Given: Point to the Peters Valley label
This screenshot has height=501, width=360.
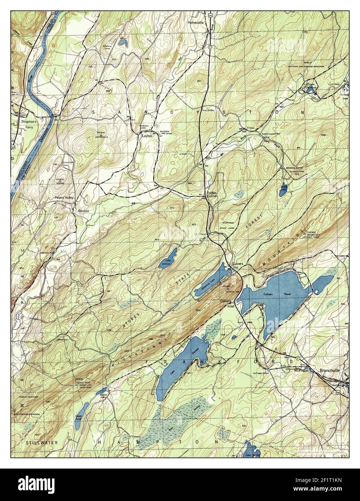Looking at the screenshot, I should pos(64,198).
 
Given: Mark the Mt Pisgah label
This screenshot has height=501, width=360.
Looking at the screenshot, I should pos(302,370).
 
